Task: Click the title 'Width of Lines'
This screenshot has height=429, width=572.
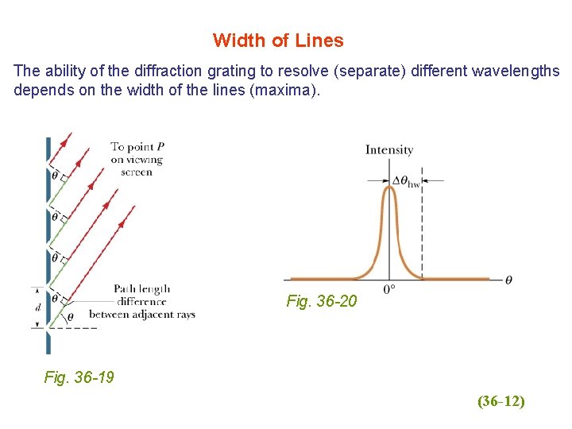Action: [x=278, y=40]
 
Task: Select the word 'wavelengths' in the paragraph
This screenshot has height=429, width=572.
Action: [x=515, y=71]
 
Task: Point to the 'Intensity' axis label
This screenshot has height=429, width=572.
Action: [x=389, y=149]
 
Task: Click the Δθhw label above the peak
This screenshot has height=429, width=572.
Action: [x=406, y=181]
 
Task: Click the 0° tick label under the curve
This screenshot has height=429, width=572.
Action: [x=389, y=290]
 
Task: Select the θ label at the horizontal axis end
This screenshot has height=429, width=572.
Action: [x=508, y=280]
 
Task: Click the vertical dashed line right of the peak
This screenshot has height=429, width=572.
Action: [x=422, y=238]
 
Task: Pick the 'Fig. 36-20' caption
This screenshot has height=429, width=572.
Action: [x=322, y=302]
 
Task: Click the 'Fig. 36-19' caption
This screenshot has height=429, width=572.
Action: [x=79, y=377]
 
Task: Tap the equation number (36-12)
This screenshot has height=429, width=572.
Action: [x=500, y=401]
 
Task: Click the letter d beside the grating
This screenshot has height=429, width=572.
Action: [x=37, y=307]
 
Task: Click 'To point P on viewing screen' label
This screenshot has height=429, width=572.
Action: [x=137, y=159]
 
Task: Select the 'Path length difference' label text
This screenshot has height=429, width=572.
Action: [x=141, y=295]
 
